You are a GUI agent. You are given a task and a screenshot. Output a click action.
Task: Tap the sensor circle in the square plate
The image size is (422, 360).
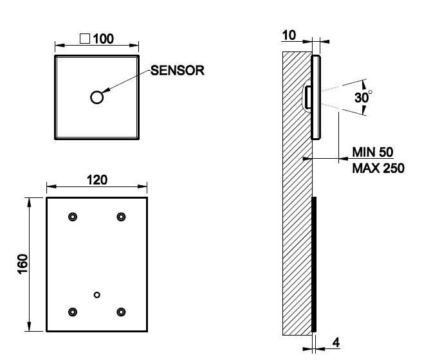[x=97, y=97]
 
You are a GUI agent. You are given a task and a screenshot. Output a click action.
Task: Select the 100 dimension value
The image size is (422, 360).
[x=103, y=39]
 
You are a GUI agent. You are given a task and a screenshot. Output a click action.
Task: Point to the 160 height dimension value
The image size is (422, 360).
[x=23, y=264]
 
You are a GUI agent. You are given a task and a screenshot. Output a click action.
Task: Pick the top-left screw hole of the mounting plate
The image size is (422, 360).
[x=73, y=217]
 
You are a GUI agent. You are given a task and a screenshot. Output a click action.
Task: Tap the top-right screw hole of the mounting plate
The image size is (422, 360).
[x=121, y=217]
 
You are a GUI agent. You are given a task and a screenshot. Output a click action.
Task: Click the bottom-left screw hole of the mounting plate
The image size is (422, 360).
[x=73, y=312]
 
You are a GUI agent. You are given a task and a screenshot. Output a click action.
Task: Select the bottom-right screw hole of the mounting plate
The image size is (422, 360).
[x=121, y=312]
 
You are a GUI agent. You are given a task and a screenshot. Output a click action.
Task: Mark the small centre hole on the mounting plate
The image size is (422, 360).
[x=96, y=294]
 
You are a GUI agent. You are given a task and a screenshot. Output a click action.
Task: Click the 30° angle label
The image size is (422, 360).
[x=363, y=98]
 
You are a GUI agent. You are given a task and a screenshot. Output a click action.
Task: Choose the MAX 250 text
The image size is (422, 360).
[x=378, y=168]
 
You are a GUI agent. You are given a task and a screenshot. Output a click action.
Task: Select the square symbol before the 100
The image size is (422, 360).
[x=84, y=39]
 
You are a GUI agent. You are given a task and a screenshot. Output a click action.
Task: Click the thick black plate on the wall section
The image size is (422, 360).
[x=314, y=264]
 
